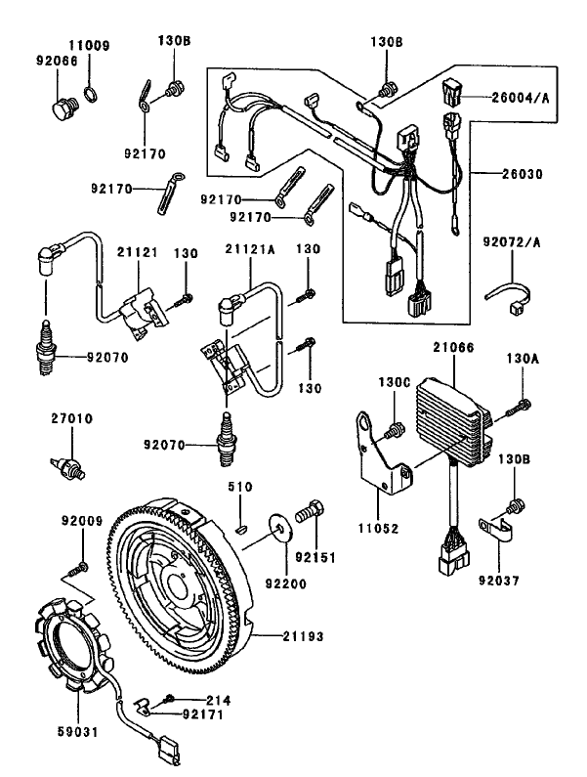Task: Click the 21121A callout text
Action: click(251, 250)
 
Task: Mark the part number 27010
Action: click(70, 418)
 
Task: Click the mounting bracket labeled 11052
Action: click(380, 460)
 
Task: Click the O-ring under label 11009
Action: click(88, 94)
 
